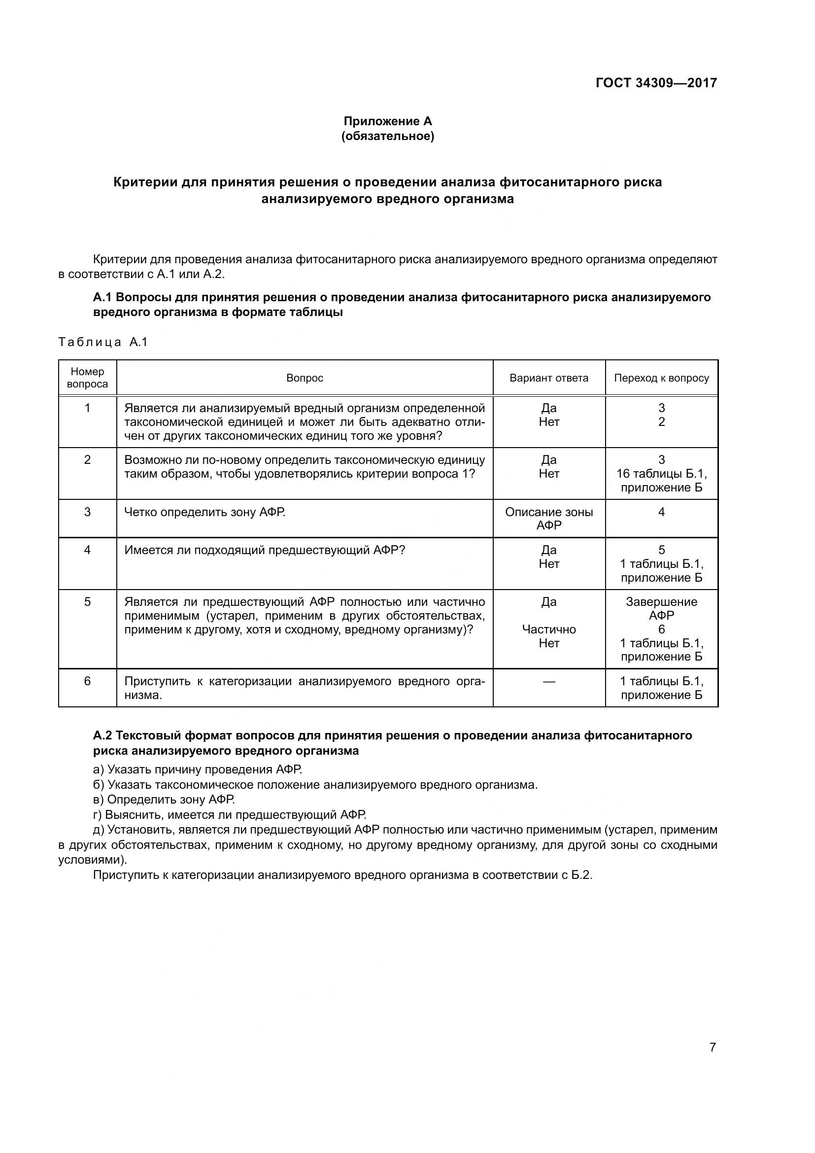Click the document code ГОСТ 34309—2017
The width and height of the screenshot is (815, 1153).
(656, 83)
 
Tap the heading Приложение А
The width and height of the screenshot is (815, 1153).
(387, 121)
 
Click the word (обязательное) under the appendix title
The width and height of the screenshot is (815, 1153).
(387, 136)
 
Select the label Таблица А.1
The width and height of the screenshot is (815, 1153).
(103, 343)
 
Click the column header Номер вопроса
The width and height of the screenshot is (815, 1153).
(87, 378)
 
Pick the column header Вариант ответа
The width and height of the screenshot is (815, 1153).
(548, 378)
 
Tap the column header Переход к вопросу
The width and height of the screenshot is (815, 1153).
(661, 378)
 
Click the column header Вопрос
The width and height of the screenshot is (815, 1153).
(305, 378)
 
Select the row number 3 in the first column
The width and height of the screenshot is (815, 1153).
(87, 512)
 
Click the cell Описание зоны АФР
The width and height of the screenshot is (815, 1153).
(548, 518)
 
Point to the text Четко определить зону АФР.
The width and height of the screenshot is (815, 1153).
(205, 512)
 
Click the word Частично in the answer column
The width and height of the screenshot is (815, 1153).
(548, 629)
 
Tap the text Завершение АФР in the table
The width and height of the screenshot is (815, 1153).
(661, 608)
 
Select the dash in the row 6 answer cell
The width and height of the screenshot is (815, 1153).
(548, 681)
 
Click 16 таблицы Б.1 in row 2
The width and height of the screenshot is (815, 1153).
(661, 474)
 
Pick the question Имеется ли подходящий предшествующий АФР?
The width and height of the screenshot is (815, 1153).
(265, 550)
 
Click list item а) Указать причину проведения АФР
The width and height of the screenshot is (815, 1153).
(197, 769)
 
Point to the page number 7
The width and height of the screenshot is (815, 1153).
(712, 1048)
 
